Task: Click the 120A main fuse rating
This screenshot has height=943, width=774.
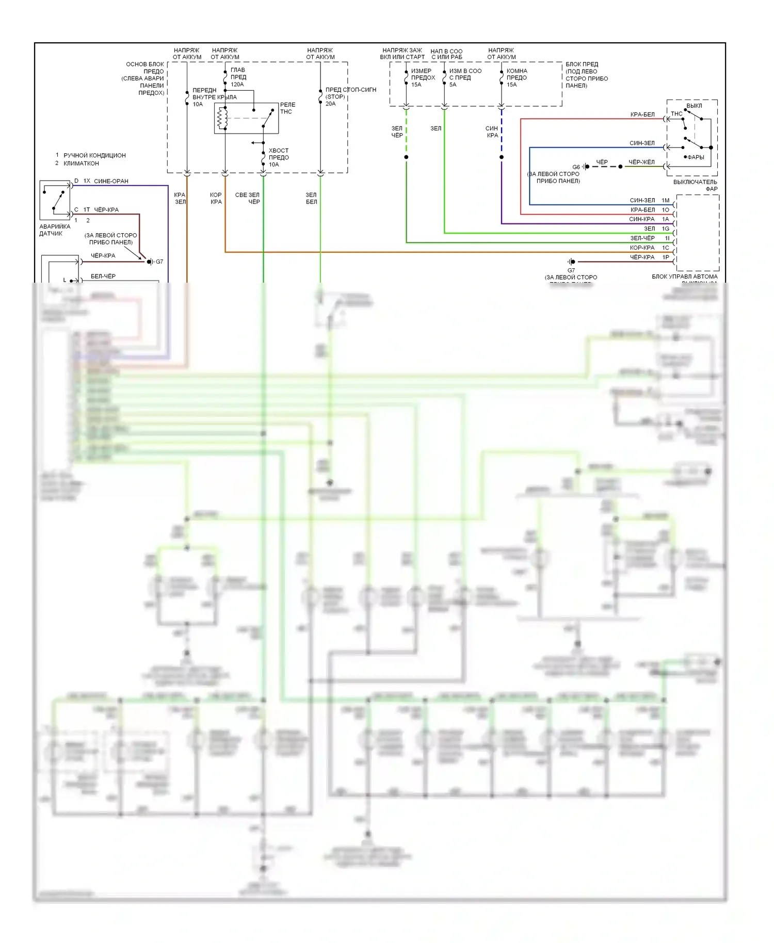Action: click(237, 84)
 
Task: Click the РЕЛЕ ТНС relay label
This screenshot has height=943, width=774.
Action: click(287, 108)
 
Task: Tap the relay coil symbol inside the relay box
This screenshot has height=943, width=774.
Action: click(222, 118)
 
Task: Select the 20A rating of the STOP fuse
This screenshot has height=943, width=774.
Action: click(331, 104)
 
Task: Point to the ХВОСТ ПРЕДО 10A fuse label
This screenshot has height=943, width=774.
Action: click(279, 157)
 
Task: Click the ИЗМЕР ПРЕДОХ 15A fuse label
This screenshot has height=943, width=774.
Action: click(423, 77)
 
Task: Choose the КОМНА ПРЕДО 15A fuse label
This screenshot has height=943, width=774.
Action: click(517, 77)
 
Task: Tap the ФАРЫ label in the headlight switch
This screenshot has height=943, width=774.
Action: click(696, 157)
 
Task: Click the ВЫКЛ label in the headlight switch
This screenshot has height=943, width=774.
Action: click(694, 105)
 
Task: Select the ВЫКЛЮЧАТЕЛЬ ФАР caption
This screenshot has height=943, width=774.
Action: click(695, 185)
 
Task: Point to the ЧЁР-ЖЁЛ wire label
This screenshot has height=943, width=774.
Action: click(641, 162)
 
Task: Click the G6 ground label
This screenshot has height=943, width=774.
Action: click(576, 167)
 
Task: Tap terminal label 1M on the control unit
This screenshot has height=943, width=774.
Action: click(665, 200)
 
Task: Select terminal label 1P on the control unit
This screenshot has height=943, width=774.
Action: click(665, 257)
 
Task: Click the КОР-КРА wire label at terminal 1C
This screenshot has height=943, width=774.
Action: click(642, 248)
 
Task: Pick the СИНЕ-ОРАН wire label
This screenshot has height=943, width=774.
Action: click(111, 181)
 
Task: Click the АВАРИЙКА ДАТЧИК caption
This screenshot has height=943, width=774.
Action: click(55, 230)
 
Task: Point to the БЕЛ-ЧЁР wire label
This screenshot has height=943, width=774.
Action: click(103, 276)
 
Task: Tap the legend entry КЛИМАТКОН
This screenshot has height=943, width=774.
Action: click(81, 163)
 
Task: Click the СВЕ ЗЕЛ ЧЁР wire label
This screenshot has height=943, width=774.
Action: click(248, 198)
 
